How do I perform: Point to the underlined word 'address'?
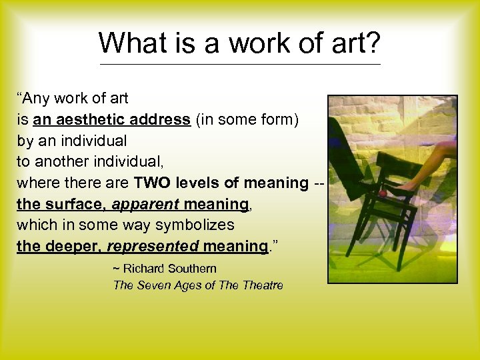point(159,120)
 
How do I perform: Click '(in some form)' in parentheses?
point(247,120)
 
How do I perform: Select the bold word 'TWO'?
point(152,183)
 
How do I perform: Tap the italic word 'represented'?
point(153,246)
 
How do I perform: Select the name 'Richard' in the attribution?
point(144,269)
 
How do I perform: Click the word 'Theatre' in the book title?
point(263,285)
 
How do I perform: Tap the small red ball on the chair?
point(383,193)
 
